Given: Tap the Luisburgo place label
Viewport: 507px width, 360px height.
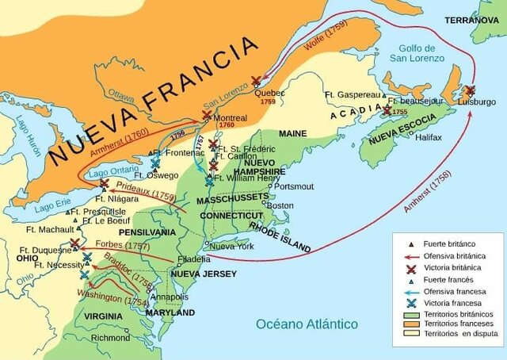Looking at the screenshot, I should coord(475,101).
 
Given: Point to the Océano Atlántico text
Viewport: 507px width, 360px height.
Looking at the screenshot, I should coord(307,324).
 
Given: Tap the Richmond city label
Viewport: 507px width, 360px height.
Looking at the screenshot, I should coord(110,337).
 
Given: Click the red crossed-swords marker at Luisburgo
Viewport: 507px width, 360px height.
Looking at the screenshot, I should coord(470,90).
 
